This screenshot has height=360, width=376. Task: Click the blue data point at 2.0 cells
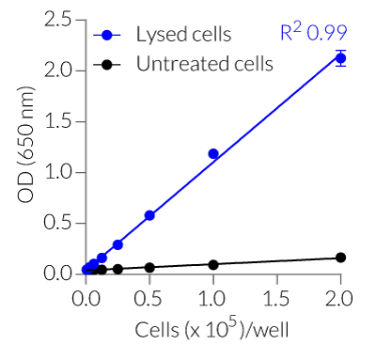point(340,58)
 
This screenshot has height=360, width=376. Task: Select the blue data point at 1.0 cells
point(213,153)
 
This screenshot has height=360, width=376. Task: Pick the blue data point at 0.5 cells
point(149,215)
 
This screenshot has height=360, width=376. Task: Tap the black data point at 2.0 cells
point(340,258)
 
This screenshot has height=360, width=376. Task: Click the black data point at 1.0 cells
point(213,265)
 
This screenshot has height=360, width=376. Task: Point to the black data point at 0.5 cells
point(149,268)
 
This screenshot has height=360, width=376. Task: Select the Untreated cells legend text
point(204,64)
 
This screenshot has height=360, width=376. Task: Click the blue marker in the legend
point(107,36)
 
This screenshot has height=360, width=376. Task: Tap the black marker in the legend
point(107,64)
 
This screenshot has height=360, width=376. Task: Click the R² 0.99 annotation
point(313,34)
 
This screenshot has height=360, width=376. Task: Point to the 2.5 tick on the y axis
point(57,20)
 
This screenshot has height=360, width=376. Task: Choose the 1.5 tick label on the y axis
point(57,121)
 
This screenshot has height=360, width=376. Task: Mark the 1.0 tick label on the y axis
point(57,172)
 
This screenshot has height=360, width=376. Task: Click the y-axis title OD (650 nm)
point(25,149)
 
